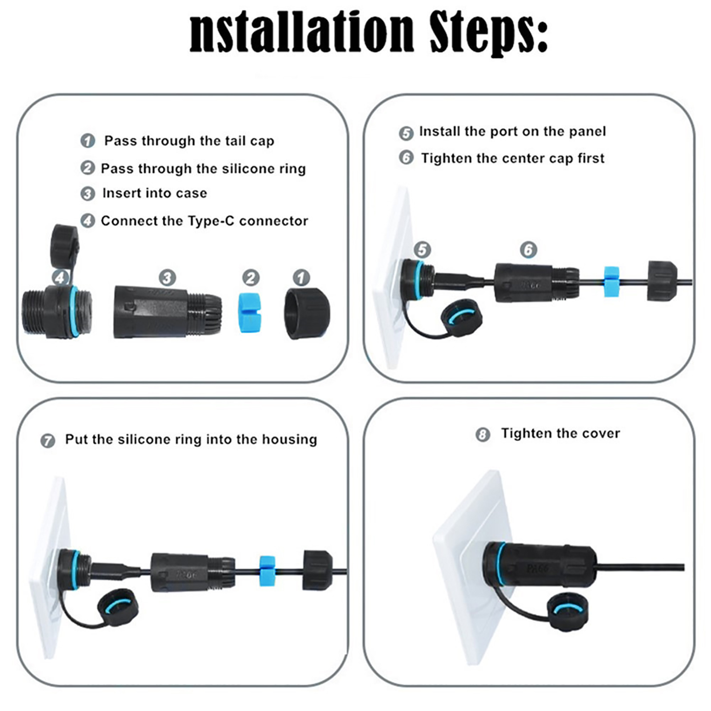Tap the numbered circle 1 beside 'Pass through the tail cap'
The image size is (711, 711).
coord(88,141)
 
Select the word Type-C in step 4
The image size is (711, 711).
coord(211,221)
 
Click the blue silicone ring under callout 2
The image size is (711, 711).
coord(251,312)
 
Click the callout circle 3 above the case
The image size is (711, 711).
coord(167,278)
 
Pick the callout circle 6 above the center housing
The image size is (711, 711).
coord(528,250)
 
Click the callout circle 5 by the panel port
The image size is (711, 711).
coord(422,250)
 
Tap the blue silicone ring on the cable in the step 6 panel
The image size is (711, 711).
coord(611,282)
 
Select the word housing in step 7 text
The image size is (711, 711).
coord(289,440)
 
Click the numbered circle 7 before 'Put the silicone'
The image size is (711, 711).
coord(48,441)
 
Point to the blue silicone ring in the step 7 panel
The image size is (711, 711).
coord(267,571)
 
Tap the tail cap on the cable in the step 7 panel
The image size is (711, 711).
coord(317,571)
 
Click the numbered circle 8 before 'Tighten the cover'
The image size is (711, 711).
coord(483,434)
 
